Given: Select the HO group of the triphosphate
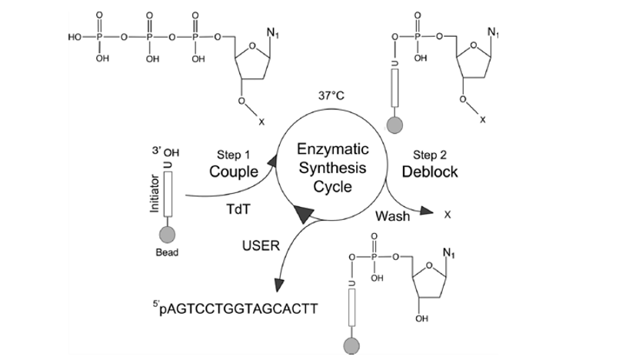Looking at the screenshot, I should (x=75, y=37).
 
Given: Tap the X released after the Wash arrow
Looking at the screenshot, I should (x=447, y=216).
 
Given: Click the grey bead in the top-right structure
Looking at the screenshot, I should (x=395, y=122).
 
